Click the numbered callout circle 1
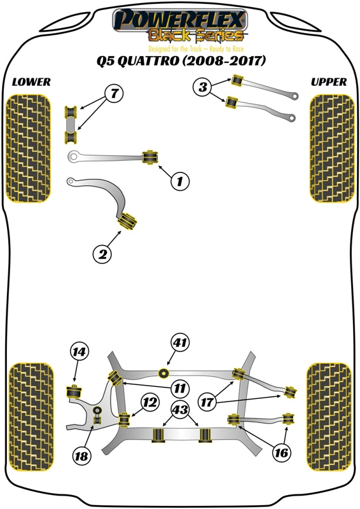coord(179,182)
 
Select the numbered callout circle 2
coord(102,254)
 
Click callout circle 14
coord(80,351)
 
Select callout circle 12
coord(149,402)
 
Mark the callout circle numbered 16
coord(280,452)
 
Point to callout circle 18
coord(81,455)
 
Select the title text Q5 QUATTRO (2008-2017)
coord(180,62)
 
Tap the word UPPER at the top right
coord(329,82)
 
